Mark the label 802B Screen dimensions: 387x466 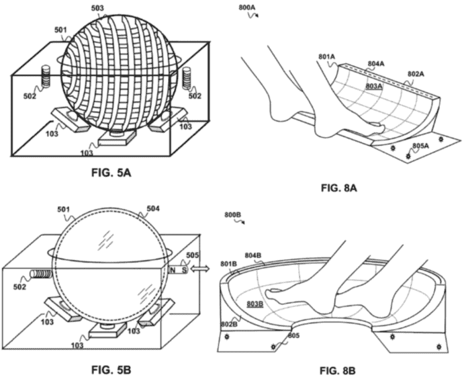(230, 325)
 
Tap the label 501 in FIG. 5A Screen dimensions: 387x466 (62, 30)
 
